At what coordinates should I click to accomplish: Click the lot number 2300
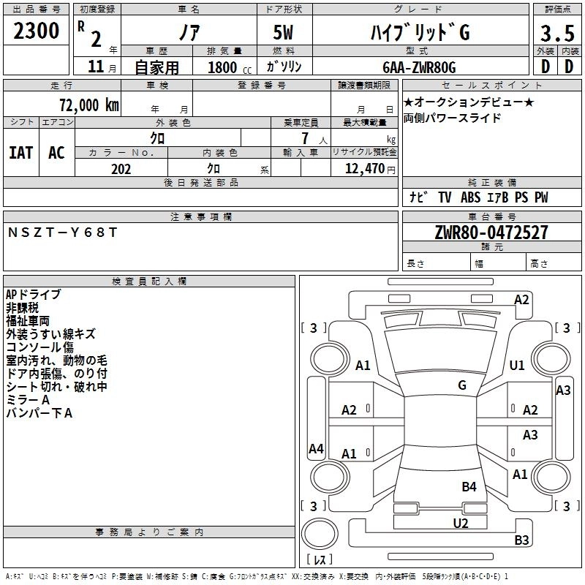[36, 31]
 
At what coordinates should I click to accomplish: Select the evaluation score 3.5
[557, 33]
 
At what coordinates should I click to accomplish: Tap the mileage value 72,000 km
[89, 105]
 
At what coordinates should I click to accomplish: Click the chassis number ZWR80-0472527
[491, 233]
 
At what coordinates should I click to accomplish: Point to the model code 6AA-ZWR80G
[419, 67]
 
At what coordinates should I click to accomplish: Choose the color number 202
[121, 169]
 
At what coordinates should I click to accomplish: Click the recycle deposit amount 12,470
[364, 169]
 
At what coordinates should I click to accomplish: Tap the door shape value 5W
[283, 32]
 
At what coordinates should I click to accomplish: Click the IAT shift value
[21, 153]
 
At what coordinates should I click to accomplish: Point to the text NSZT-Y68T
[62, 233]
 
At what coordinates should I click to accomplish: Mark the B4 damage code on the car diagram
[469, 487]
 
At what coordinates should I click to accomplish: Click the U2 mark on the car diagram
[461, 523]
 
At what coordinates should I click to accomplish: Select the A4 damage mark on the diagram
[316, 448]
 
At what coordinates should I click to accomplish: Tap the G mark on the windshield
[462, 385]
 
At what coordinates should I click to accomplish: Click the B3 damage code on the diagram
[521, 540]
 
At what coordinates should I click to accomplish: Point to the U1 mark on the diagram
[517, 365]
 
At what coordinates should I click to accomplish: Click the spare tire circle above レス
[320, 534]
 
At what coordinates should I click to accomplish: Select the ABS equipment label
[470, 197]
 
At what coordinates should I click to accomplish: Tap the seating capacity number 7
[305, 138]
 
